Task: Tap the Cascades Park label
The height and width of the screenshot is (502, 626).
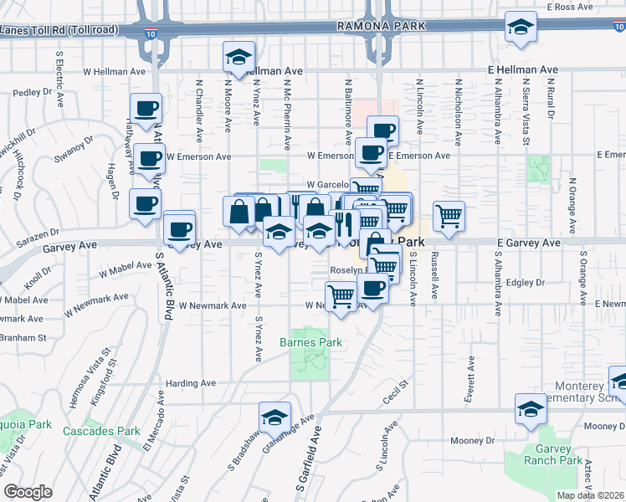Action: (x=102, y=431)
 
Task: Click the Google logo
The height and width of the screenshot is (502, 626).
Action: (x=27, y=492)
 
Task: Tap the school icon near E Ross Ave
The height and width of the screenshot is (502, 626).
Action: (x=521, y=28)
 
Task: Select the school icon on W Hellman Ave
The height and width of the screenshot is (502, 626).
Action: (x=239, y=59)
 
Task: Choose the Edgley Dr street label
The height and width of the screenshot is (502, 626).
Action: (x=525, y=283)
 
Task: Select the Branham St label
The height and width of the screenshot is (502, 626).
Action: (x=23, y=337)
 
